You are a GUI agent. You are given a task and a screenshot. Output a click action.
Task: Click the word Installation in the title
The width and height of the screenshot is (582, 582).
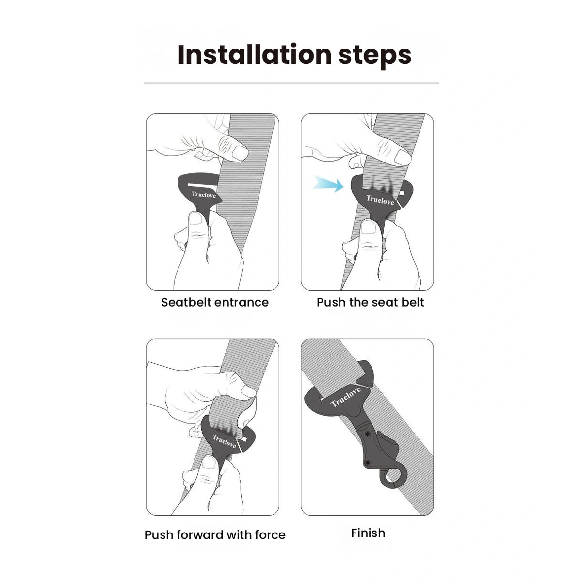(x=255, y=54)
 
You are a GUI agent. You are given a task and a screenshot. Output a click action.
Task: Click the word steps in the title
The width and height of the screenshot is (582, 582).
(x=374, y=56)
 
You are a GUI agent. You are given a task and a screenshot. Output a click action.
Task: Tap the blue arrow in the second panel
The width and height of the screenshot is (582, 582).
(x=328, y=184)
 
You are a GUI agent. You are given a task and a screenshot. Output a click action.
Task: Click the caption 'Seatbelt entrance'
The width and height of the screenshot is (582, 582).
(x=215, y=302)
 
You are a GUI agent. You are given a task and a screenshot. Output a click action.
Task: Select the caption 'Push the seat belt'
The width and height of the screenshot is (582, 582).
(x=370, y=302)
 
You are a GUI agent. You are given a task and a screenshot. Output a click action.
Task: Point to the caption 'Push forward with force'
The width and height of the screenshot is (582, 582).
(x=215, y=535)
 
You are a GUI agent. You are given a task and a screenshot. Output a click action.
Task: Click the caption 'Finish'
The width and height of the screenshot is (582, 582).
(x=368, y=533)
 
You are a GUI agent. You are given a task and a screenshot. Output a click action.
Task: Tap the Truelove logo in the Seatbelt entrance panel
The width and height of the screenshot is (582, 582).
(x=204, y=195)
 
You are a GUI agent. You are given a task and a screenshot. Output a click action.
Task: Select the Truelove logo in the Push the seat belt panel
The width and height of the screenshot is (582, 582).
(x=380, y=200)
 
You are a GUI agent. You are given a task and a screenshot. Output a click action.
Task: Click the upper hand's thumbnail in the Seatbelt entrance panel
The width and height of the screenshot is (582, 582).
(x=240, y=153)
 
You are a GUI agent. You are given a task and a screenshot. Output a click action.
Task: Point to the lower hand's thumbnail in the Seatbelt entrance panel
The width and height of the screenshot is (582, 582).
(x=195, y=219)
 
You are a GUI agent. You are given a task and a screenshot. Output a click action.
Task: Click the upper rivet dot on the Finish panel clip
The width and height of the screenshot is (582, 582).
(x=368, y=434)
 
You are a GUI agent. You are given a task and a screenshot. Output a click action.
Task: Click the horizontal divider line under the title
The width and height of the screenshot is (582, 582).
(x=291, y=83)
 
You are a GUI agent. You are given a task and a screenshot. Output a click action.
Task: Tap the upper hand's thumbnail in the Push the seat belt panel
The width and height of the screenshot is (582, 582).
(x=402, y=157)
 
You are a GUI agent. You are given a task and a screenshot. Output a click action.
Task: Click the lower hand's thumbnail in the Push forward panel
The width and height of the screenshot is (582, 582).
(x=208, y=462)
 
